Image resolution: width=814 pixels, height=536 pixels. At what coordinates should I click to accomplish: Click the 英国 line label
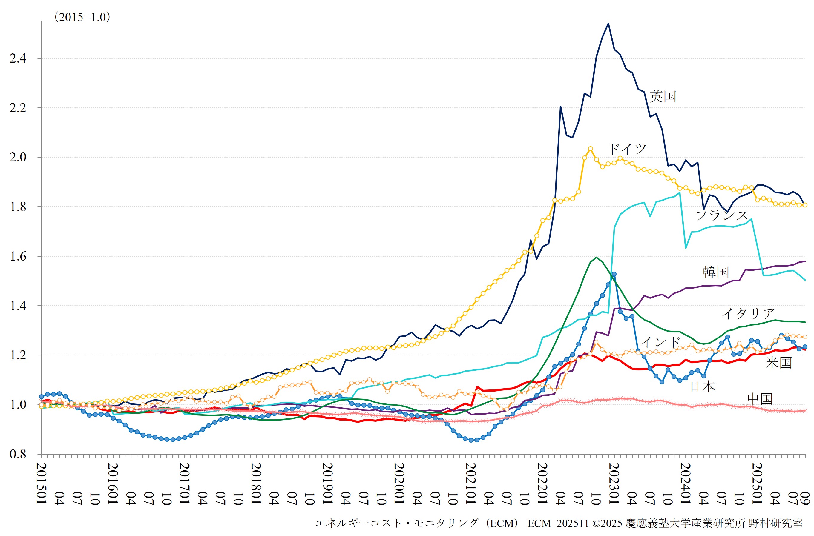[663, 96]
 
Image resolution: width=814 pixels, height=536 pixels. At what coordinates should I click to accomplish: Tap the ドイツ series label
[627, 149]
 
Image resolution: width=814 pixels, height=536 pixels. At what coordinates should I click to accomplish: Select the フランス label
[722, 215]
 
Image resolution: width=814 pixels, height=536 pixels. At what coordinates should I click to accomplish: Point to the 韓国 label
[716, 272]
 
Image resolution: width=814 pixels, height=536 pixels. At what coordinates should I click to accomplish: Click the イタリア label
[748, 313]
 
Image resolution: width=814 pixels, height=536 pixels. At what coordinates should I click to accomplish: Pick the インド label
[660, 341]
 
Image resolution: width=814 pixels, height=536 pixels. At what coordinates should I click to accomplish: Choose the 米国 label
[779, 363]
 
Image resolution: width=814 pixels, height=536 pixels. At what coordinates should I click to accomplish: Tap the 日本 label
[703, 386]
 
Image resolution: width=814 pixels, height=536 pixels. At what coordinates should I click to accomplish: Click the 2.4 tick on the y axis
[18, 58]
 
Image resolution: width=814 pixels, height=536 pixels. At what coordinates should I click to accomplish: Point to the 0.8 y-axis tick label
[18, 454]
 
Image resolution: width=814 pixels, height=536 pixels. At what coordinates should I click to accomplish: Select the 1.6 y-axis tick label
[18, 256]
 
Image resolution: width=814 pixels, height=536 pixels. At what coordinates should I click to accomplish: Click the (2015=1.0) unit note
[82, 17]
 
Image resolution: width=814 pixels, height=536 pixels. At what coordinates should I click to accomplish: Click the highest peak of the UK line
[608, 23]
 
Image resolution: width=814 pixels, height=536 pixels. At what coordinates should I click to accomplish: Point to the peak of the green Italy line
[597, 257]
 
